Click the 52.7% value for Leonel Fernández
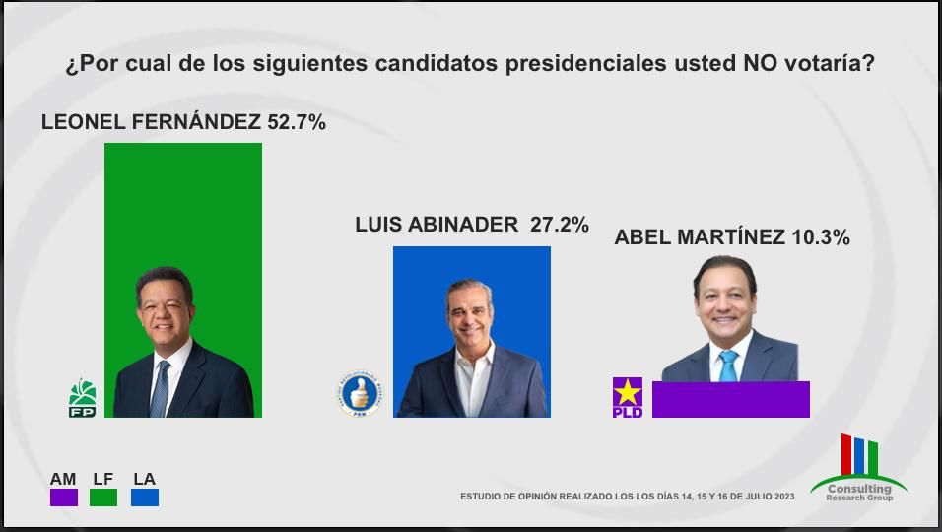(x=296, y=123)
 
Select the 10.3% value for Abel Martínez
(x=820, y=237)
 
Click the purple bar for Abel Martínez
(x=730, y=400)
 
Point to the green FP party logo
(x=82, y=397)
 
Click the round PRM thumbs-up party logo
(x=358, y=393)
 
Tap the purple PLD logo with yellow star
(x=628, y=397)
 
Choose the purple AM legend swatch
(x=64, y=498)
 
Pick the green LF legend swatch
(x=103, y=498)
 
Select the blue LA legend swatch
(x=144, y=498)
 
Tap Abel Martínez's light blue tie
(x=728, y=366)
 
